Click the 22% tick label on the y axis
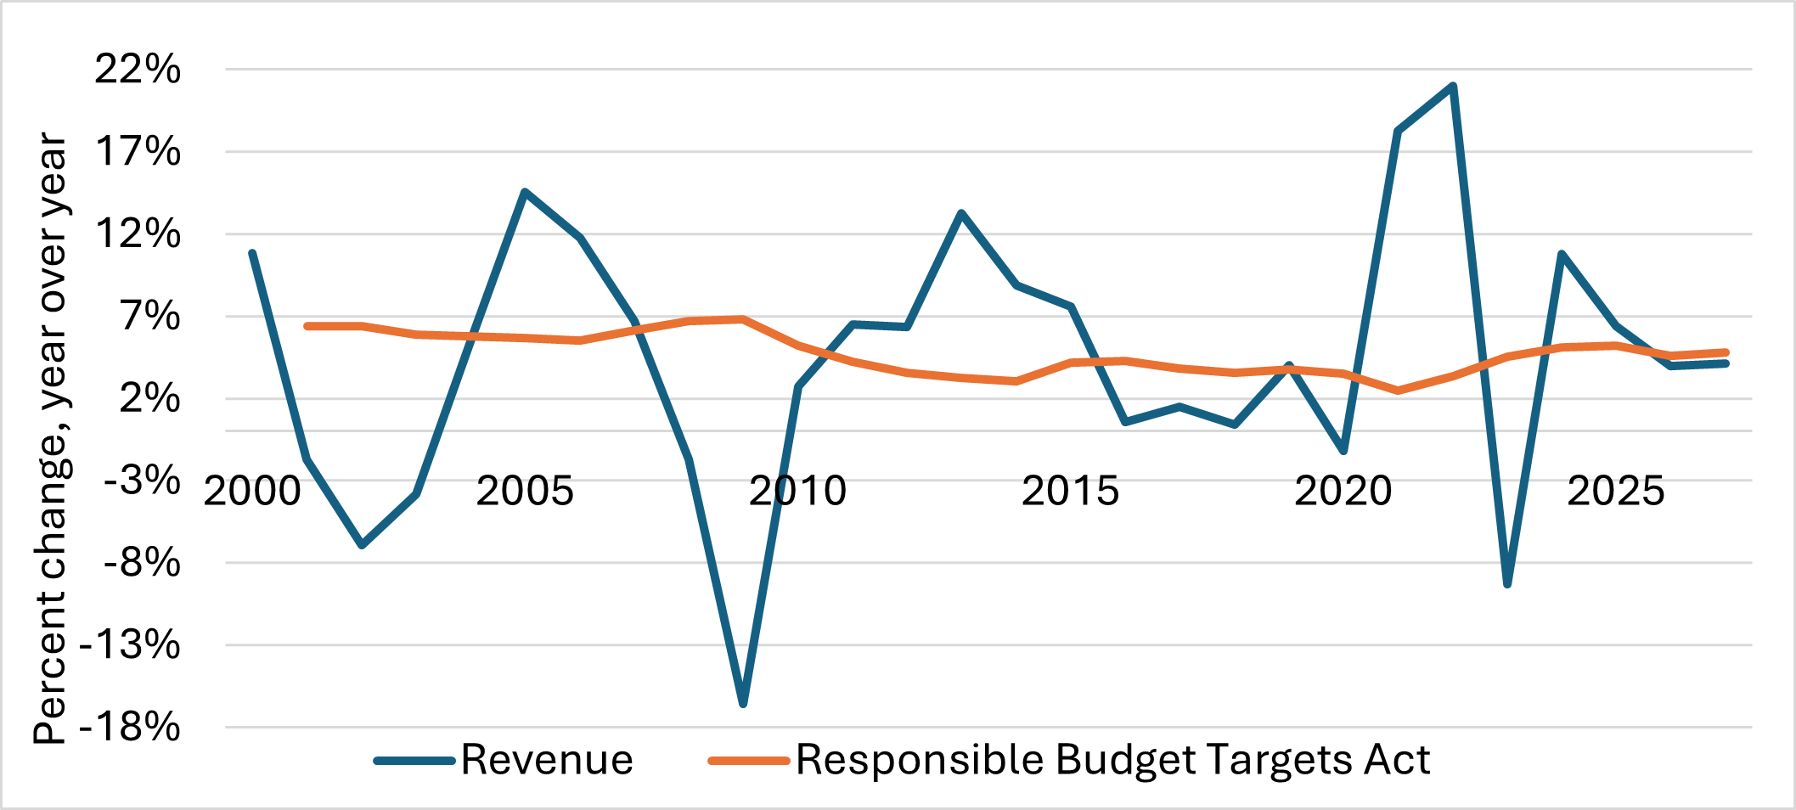pyautogui.click(x=138, y=70)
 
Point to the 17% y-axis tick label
pyautogui.click(x=138, y=152)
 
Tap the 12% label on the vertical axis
pyautogui.click(x=138, y=234)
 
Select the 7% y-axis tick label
pyautogui.click(x=150, y=317)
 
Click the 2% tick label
pyautogui.click(x=150, y=399)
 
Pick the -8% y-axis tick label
pyautogui.click(x=142, y=563)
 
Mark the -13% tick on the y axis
pyautogui.click(x=130, y=645)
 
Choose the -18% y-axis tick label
pyautogui.click(x=130, y=728)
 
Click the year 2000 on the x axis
pyautogui.click(x=252, y=492)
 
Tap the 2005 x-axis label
pyautogui.click(x=525, y=492)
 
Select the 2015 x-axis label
pyautogui.click(x=1070, y=492)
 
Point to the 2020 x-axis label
pyautogui.click(x=1343, y=492)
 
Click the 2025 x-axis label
pyautogui.click(x=1615, y=492)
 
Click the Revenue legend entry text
pyautogui.click(x=547, y=760)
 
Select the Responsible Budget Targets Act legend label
pyautogui.click(x=1112, y=760)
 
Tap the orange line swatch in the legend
pyautogui.click(x=749, y=761)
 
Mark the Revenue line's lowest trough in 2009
pyautogui.click(x=743, y=704)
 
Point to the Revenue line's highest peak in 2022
pyautogui.click(x=1453, y=86)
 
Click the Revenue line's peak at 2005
pyautogui.click(x=525, y=192)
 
